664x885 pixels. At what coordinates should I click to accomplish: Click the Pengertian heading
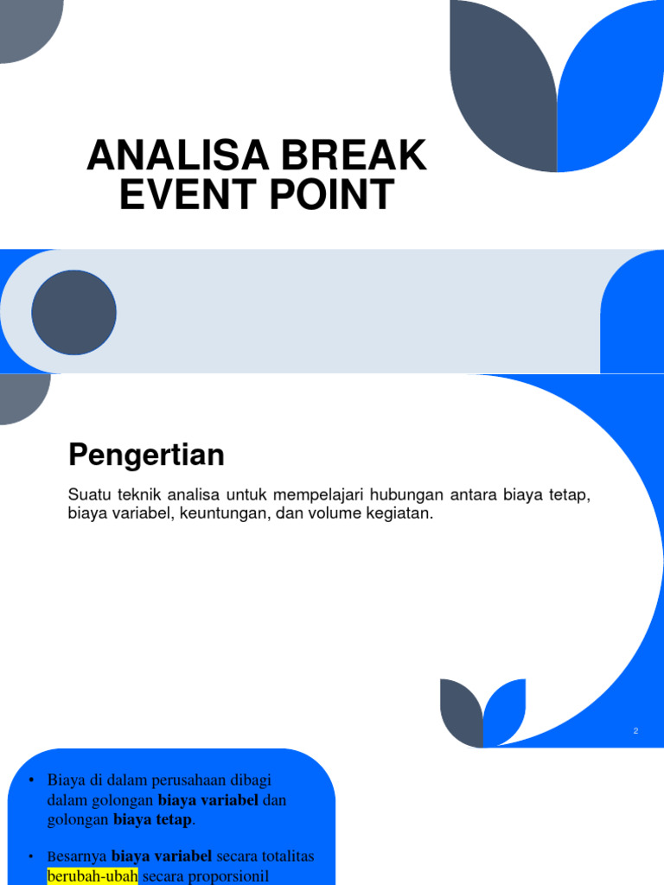(x=146, y=454)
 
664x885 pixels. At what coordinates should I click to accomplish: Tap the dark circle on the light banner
(x=73, y=312)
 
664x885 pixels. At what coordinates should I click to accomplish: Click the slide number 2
(x=635, y=731)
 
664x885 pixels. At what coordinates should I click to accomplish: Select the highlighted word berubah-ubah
(x=93, y=875)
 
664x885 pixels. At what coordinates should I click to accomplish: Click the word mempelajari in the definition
(x=320, y=495)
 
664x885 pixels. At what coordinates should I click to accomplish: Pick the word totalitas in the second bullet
(x=284, y=856)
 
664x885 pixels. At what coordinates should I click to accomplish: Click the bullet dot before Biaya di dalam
(x=31, y=781)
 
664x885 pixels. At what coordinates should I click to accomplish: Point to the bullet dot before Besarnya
(x=31, y=856)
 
